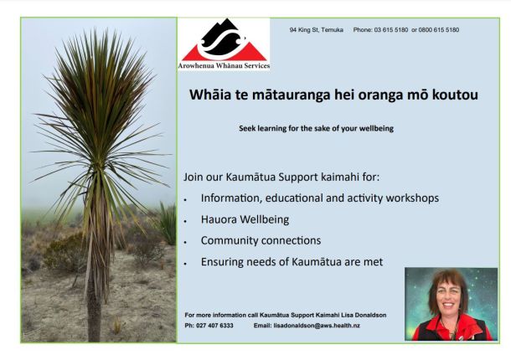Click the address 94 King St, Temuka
pos(316,30)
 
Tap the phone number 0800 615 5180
pos(439,30)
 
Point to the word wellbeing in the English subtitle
pos(376,128)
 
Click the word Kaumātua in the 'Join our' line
pos(250,177)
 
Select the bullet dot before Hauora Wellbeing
pos(185,221)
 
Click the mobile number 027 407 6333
pos(214,326)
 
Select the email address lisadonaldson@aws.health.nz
pos(317,326)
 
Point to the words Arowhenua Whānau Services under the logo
pos(224,65)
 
